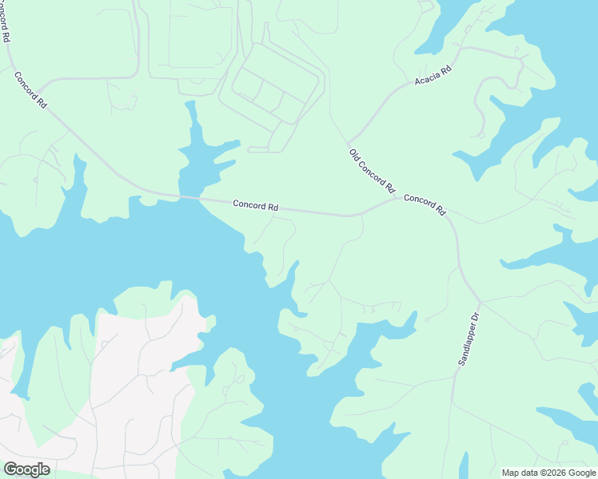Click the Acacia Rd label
click(x=433, y=77)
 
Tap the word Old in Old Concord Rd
click(x=355, y=154)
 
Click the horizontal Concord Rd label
click(x=256, y=205)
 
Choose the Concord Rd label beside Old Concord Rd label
click(x=425, y=204)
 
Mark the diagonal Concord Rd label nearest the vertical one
click(x=30, y=89)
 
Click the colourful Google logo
click(x=26, y=469)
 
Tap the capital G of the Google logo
click(x=10, y=469)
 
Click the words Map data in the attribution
click(x=520, y=473)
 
